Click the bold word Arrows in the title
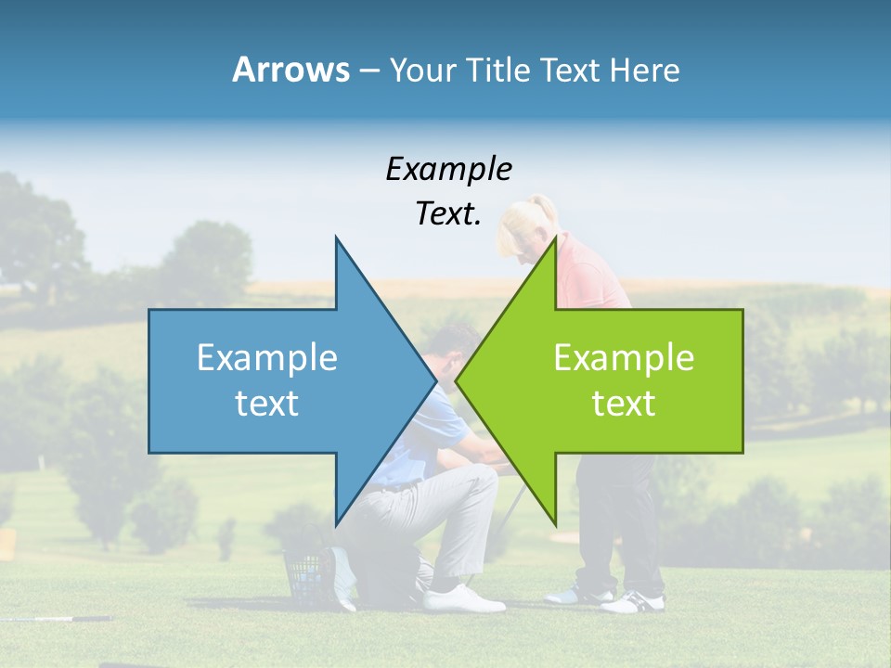[291, 70]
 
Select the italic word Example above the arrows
[448, 169]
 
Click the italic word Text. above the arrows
[448, 213]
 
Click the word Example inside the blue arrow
[267, 357]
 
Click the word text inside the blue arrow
[267, 404]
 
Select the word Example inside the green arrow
[624, 357]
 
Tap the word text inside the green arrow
[624, 404]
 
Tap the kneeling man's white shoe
[464, 598]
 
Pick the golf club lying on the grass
[56, 618]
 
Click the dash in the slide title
[368, 71]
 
